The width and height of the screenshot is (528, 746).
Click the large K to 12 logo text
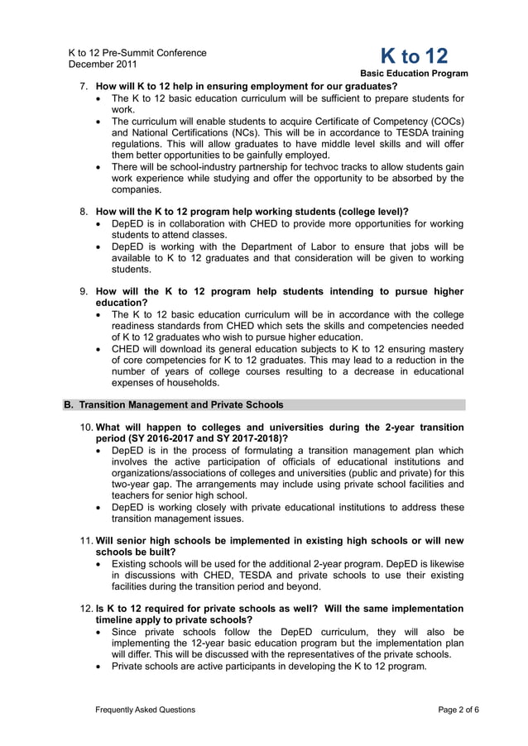click(414, 56)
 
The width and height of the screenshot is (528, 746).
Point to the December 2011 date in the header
click(103, 64)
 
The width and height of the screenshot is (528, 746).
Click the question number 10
click(85, 428)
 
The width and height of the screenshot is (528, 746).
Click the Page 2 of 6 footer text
click(458, 710)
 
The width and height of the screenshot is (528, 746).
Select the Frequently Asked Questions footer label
click(146, 710)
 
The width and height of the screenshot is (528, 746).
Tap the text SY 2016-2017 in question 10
click(176, 438)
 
